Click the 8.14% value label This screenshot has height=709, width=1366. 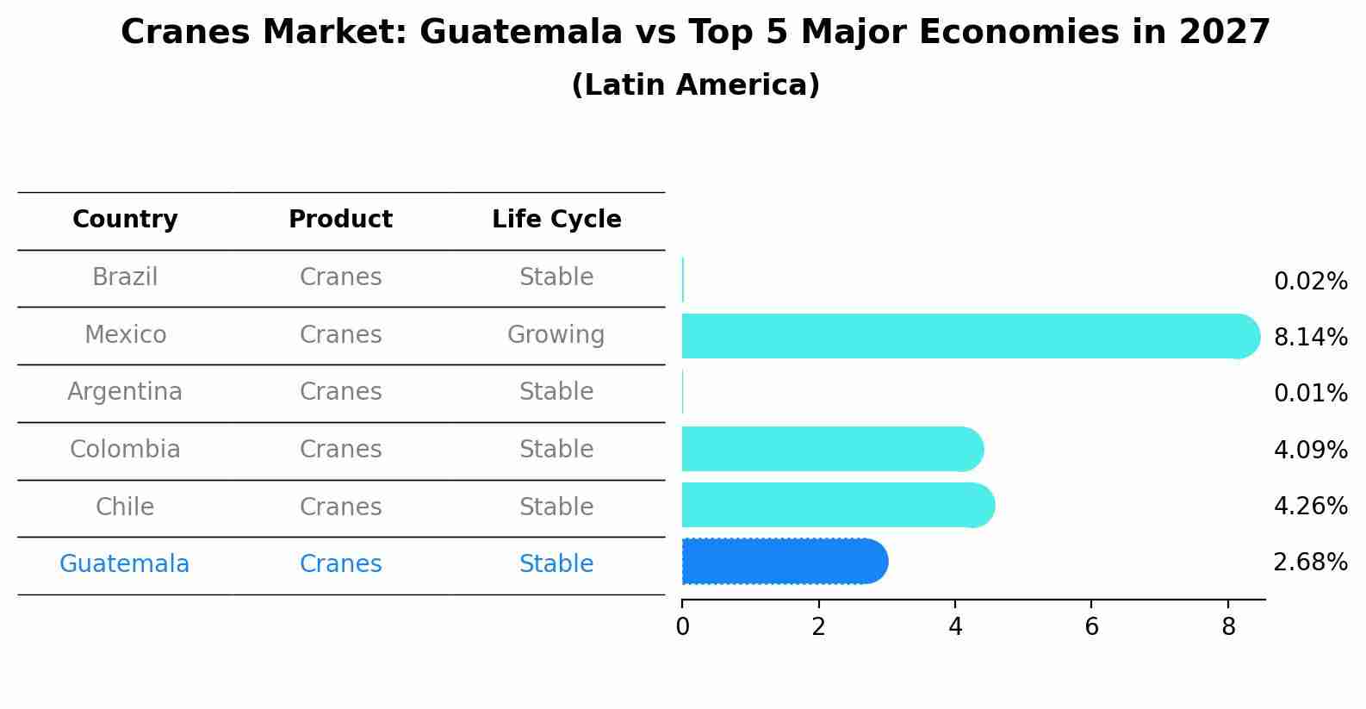(1310, 337)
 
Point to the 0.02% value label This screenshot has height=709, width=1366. (1310, 281)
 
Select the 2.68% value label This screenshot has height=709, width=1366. (1310, 562)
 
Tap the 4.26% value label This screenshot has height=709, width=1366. (1310, 506)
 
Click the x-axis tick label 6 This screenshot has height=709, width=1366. (1091, 627)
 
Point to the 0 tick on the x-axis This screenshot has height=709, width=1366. (682, 627)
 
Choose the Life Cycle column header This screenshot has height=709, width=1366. (556, 220)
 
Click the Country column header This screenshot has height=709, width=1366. (125, 220)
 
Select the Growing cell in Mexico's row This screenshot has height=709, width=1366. (556, 334)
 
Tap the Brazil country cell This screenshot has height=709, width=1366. (125, 277)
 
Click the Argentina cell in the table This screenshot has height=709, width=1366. (125, 392)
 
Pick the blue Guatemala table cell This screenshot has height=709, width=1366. (125, 564)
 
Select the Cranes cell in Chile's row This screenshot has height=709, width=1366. (340, 507)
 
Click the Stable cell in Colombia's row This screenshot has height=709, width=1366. (556, 450)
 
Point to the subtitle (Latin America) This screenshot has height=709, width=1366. (695, 85)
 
